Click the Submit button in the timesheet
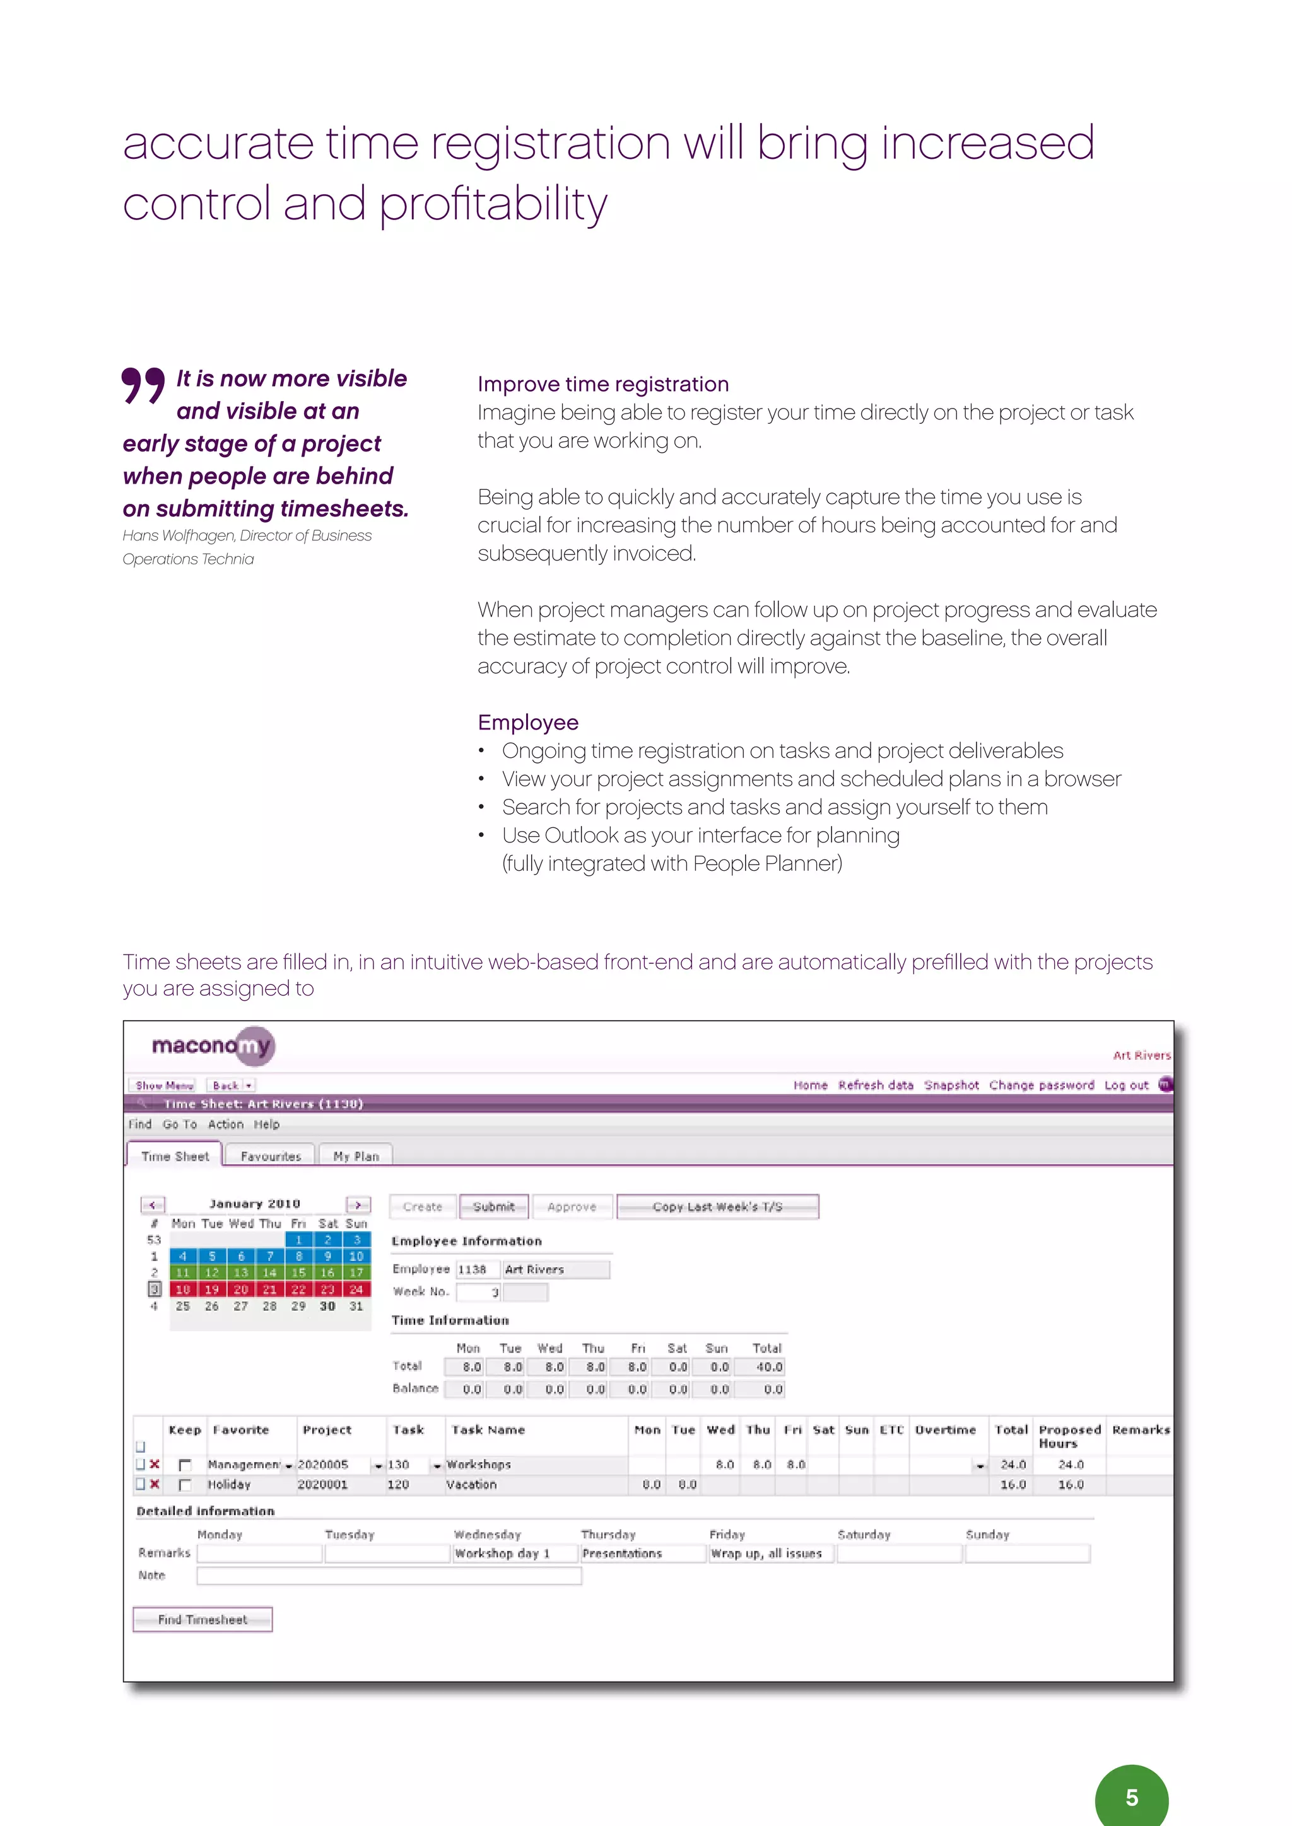tap(493, 1206)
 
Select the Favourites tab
tap(271, 1156)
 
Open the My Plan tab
tap(356, 1156)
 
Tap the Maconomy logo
tap(213, 1046)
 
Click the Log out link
tap(1125, 1085)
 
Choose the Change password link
tap(1042, 1085)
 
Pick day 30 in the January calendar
tap(327, 1306)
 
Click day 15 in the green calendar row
tap(298, 1272)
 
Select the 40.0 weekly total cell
tap(768, 1367)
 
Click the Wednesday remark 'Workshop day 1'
tap(502, 1553)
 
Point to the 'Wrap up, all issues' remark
tap(766, 1553)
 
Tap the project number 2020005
tap(323, 1464)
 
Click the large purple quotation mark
tap(143, 386)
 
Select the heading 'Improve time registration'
tap(602, 384)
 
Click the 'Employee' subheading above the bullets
tap(527, 722)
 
